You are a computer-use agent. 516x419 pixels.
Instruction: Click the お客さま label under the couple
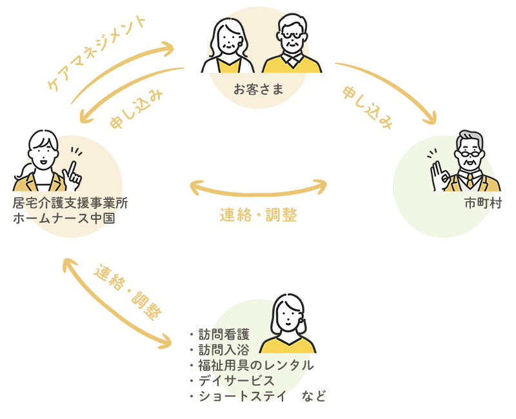pyautogui.click(x=258, y=90)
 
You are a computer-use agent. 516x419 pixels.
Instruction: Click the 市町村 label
pyautogui.click(x=482, y=203)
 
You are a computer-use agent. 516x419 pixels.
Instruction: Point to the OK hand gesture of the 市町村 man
pyautogui.click(x=442, y=174)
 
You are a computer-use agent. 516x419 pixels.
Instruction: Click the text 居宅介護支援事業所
pyautogui.click(x=70, y=203)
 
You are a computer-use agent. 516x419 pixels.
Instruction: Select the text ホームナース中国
pyautogui.click(x=64, y=218)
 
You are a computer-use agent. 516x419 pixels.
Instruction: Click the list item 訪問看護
pyautogui.click(x=223, y=336)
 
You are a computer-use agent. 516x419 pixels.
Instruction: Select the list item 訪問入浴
pyautogui.click(x=223, y=351)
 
